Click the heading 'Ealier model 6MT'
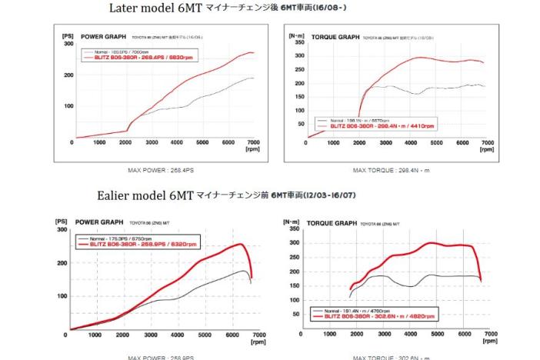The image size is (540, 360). click(x=145, y=196)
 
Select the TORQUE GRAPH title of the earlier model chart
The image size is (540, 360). click(x=332, y=222)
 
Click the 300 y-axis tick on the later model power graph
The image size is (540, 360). click(x=68, y=44)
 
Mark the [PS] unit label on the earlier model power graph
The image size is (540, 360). click(x=62, y=222)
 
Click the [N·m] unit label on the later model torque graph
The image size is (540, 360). click(x=295, y=35)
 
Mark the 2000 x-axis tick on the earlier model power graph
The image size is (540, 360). click(x=122, y=335)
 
